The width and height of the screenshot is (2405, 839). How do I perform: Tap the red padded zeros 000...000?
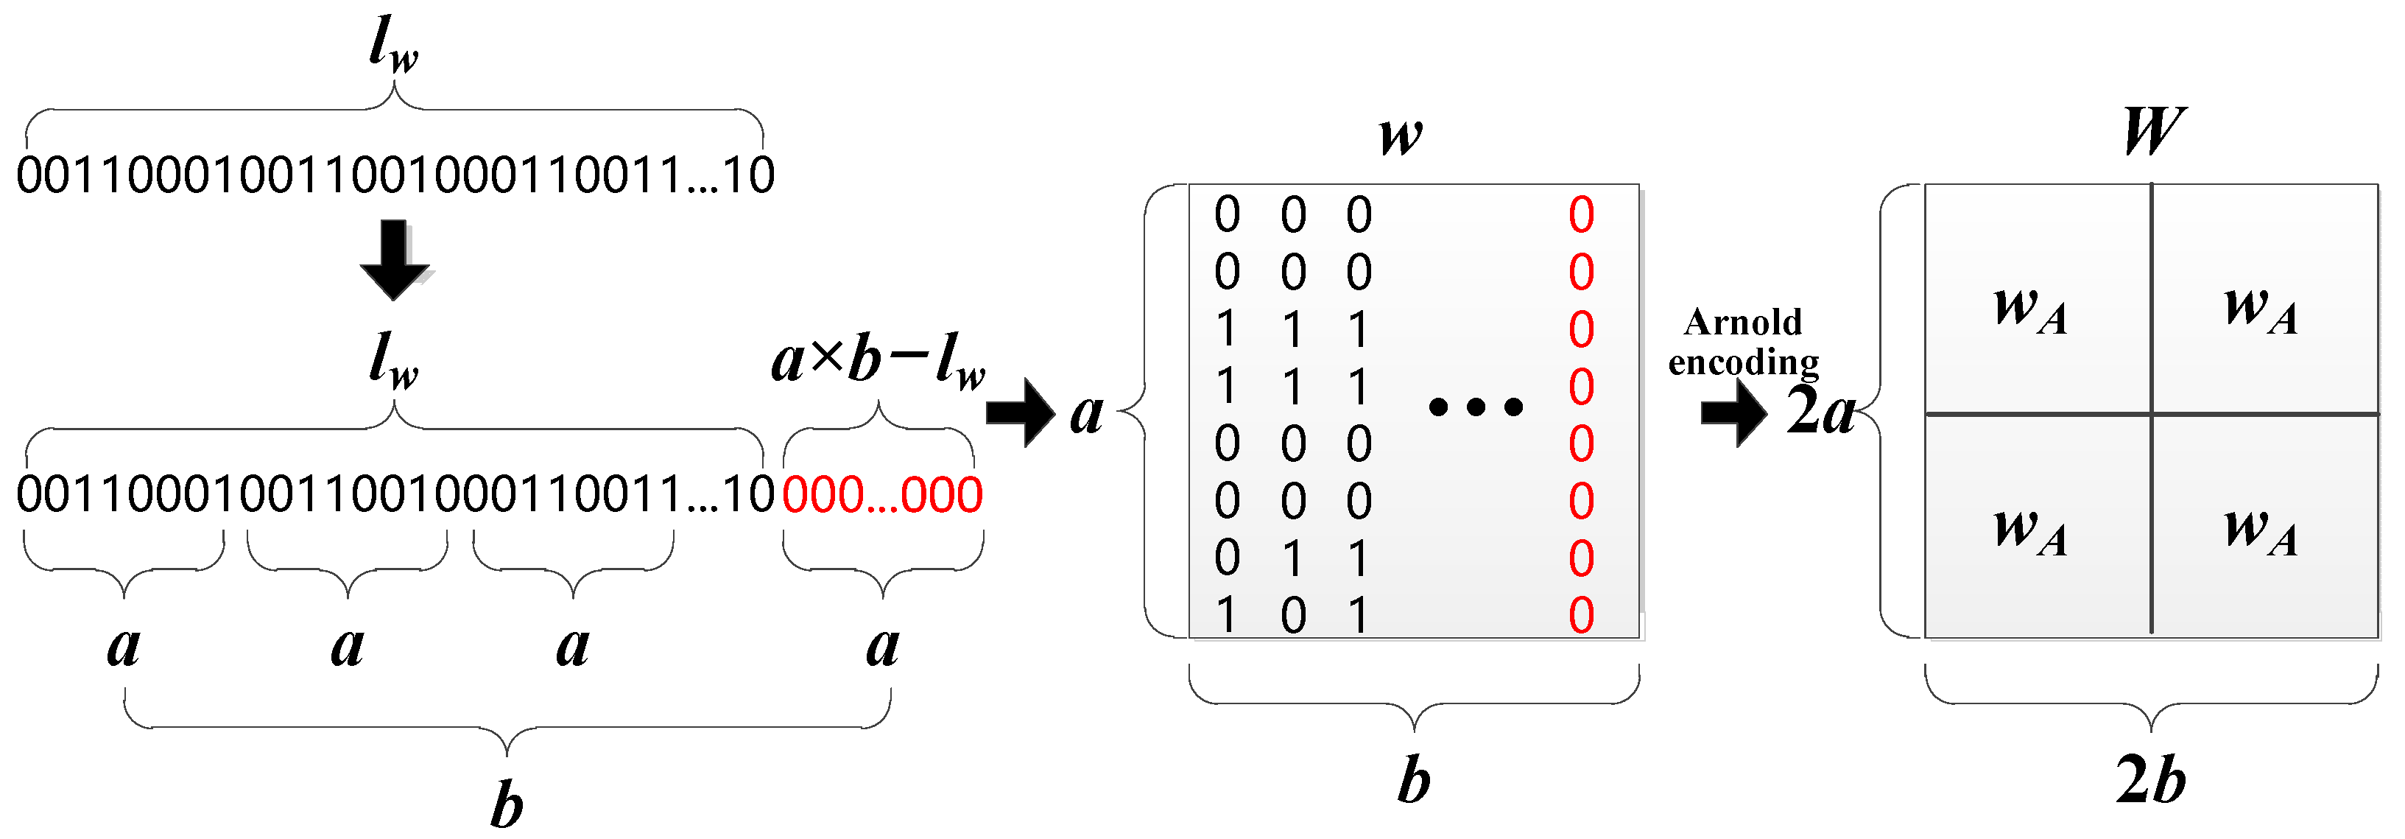tap(881, 495)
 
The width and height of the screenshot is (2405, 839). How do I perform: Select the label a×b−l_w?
tap(878, 362)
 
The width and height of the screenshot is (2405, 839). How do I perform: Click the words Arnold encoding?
tap(1743, 342)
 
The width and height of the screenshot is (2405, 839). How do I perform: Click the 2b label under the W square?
tap(2151, 780)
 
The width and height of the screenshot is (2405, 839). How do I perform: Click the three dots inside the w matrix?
tap(1475, 407)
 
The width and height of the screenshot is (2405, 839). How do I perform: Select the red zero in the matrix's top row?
tap(1580, 215)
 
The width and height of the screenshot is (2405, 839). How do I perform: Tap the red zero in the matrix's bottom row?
tap(1580, 616)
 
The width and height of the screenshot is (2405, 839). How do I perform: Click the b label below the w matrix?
tap(1414, 780)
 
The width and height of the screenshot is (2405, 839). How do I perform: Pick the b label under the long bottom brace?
tap(506, 805)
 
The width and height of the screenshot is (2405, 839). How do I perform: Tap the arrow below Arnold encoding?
tap(1733, 412)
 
